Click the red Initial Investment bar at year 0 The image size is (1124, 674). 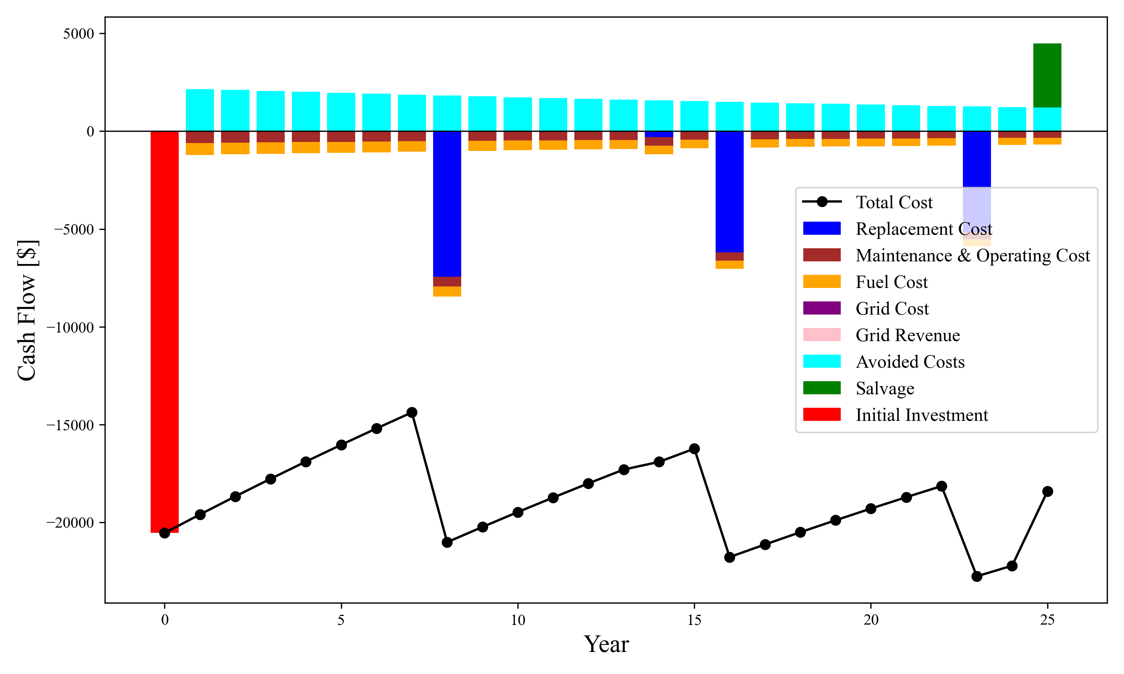(164, 331)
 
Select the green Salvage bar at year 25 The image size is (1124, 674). (1047, 75)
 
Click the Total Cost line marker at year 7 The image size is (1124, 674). (412, 412)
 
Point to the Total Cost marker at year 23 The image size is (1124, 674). (977, 576)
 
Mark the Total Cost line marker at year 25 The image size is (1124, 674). (1048, 491)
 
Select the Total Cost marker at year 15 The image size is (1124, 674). (694, 449)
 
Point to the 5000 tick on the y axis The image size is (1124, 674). (79, 34)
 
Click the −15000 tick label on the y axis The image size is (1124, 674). (70, 425)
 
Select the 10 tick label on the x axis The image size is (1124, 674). (517, 620)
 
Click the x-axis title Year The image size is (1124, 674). (606, 644)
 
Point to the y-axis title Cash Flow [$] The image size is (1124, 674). (27, 310)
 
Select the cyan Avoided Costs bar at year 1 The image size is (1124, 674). (200, 110)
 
